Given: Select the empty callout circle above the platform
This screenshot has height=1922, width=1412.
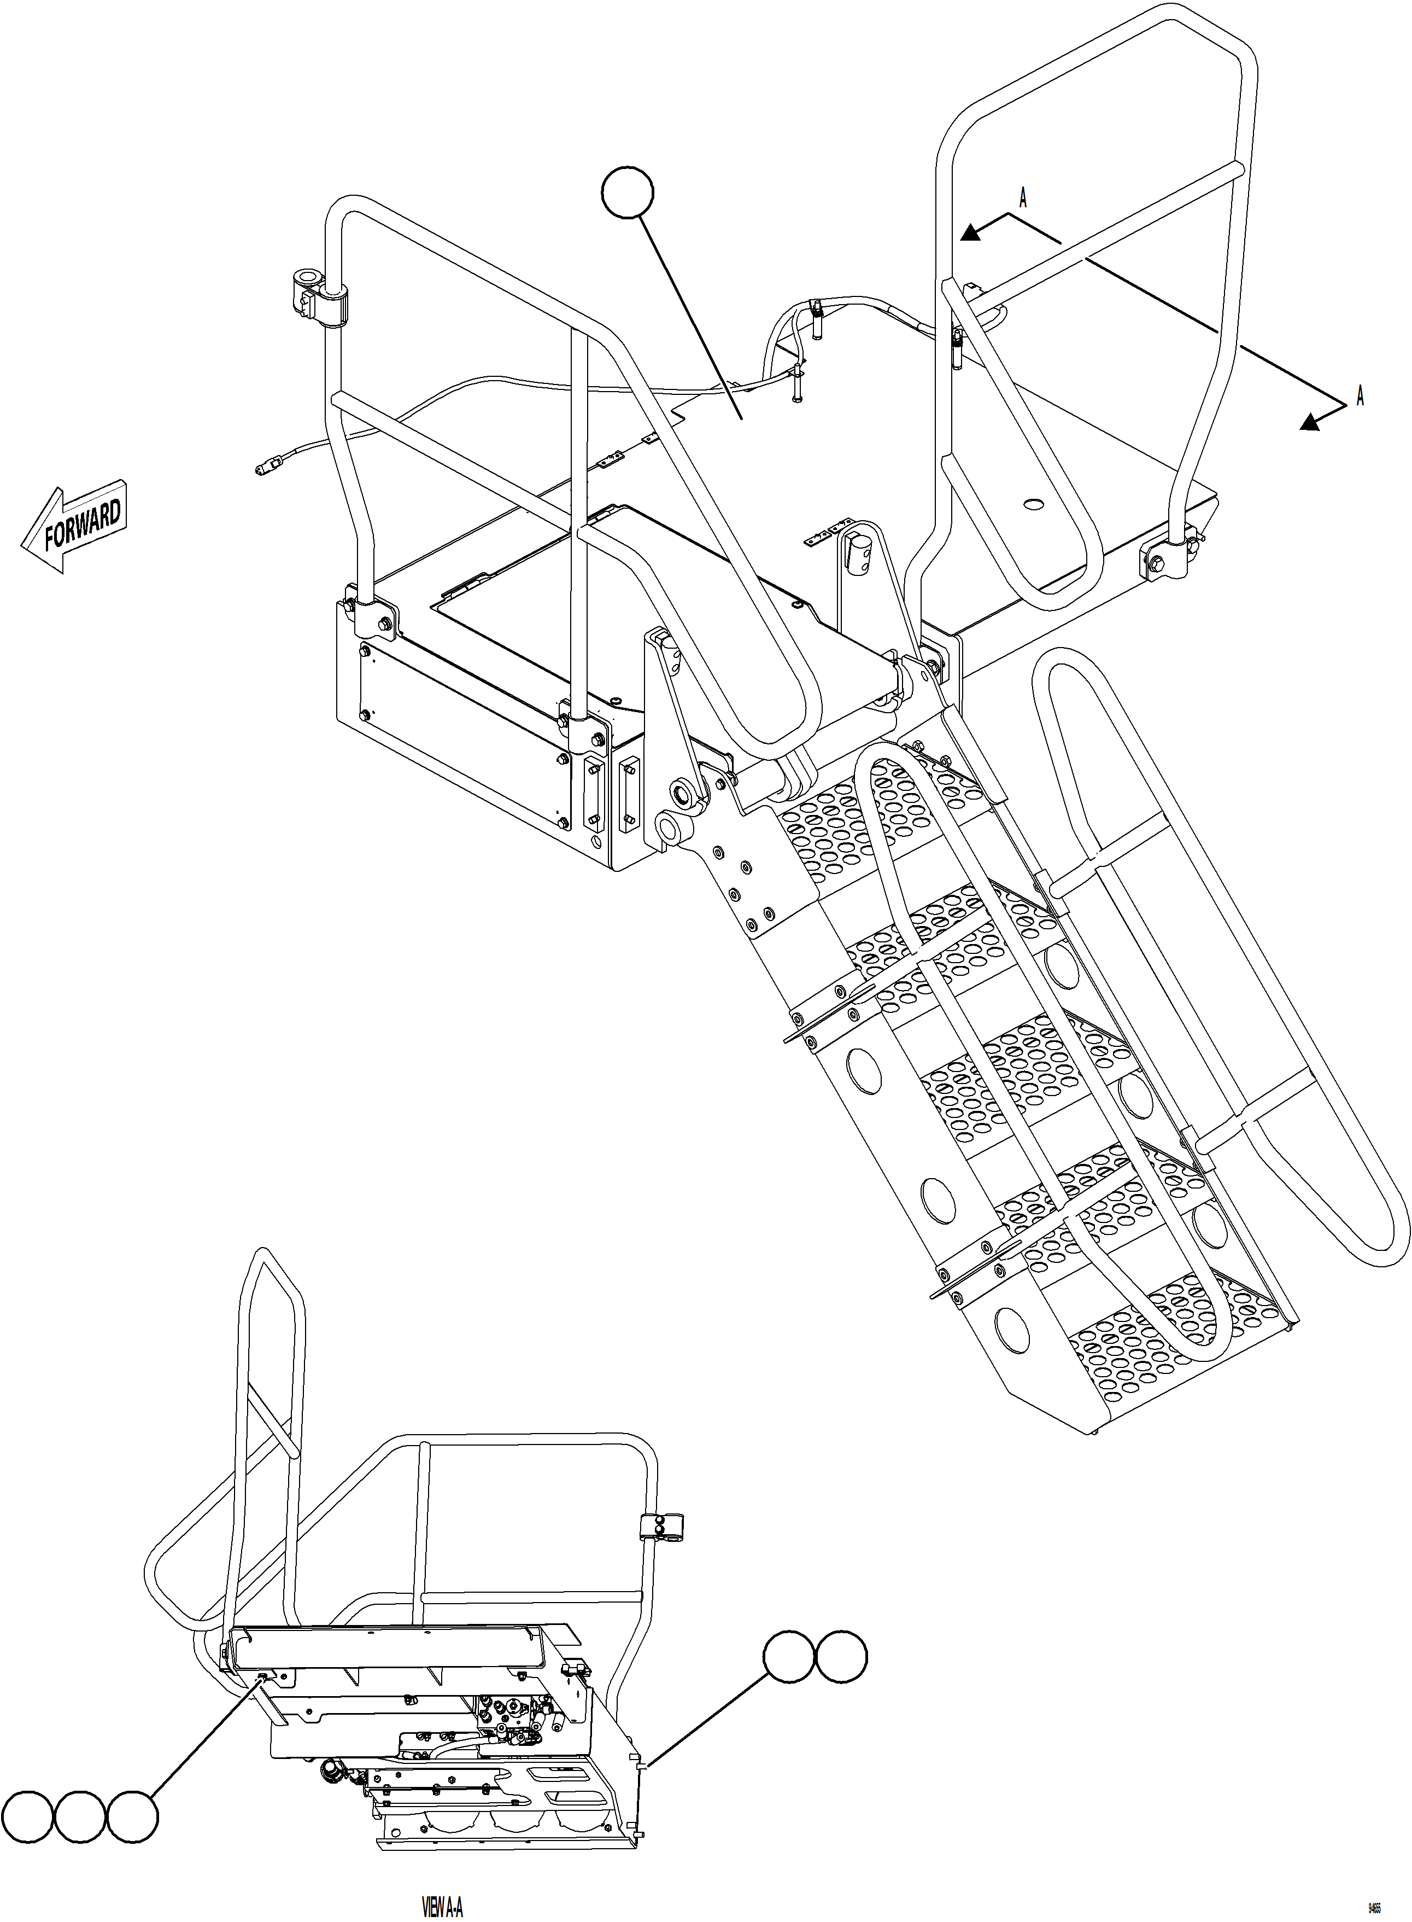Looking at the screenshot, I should [x=628, y=193].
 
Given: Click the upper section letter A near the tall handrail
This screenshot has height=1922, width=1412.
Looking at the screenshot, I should [x=1022, y=199].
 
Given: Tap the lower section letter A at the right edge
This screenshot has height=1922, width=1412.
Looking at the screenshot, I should [x=1360, y=397].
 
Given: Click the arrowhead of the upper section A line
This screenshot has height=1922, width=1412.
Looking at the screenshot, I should [x=969, y=232].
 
